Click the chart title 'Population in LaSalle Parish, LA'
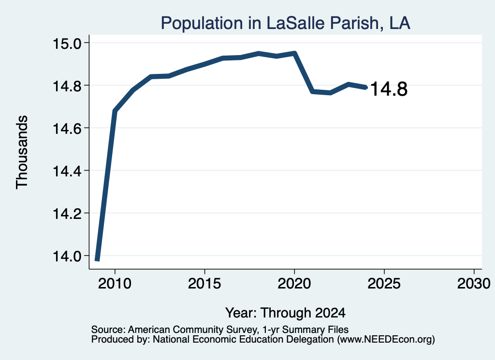(x=285, y=23)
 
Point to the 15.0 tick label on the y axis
(x=67, y=43)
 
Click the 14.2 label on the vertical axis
(x=67, y=214)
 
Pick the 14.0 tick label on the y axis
(x=67, y=257)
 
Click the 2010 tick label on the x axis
(x=115, y=284)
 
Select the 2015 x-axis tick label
(x=204, y=284)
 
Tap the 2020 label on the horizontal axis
(x=294, y=284)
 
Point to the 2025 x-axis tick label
(x=384, y=284)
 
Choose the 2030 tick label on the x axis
(x=474, y=284)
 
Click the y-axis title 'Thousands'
(x=22, y=152)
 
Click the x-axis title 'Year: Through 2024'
(x=285, y=313)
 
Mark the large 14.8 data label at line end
(x=389, y=89)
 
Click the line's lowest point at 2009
(x=97, y=259)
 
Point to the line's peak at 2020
(x=294, y=53)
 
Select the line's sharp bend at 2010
(x=115, y=111)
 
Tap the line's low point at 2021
(x=313, y=91)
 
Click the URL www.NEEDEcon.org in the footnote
(x=386, y=340)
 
